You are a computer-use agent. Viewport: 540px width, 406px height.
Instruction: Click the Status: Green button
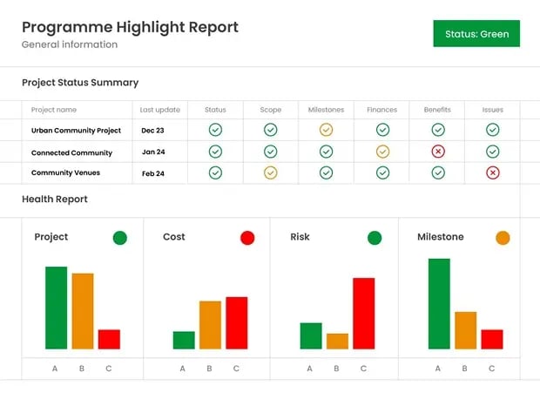point(476,34)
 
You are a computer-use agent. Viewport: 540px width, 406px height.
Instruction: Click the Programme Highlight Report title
point(130,27)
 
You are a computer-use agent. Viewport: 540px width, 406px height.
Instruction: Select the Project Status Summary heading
point(80,83)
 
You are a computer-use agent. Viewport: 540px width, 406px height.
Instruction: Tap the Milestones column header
point(326,110)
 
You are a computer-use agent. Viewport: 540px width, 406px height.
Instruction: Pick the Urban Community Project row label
point(76,130)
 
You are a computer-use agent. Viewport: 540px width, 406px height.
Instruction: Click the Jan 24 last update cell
point(153,152)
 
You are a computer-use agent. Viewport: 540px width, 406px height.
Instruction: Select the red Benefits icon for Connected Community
point(438,152)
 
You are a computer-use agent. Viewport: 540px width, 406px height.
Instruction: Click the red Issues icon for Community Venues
point(493,173)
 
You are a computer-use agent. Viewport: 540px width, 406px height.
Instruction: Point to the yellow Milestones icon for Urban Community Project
point(326,130)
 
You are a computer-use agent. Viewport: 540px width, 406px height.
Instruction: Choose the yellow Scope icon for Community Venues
point(271,173)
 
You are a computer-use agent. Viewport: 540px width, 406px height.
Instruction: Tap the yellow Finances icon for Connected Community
point(382,152)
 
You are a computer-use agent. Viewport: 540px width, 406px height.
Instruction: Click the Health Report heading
point(55,200)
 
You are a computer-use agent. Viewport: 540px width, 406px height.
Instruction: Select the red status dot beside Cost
point(247,238)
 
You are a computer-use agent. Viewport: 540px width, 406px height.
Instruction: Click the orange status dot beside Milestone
point(503,238)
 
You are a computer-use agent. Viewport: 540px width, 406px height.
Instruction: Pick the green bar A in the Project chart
point(56,308)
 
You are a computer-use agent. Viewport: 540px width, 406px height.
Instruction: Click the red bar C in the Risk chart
point(363,314)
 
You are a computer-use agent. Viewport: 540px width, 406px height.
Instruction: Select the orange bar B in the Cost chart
point(210,325)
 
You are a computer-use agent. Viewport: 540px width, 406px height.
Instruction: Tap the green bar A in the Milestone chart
point(439,304)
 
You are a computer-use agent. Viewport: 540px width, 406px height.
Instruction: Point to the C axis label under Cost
point(236,369)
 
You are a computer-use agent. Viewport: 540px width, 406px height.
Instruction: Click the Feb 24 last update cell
point(153,173)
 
